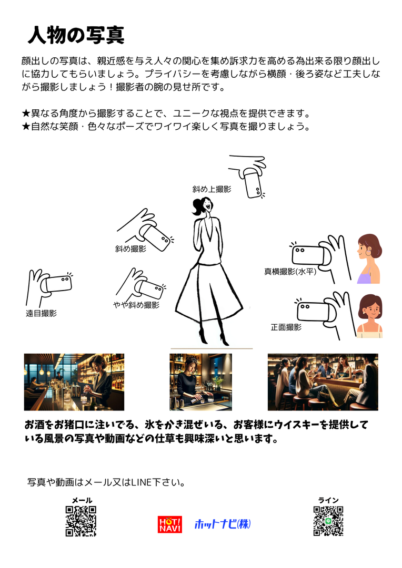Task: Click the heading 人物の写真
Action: point(76,35)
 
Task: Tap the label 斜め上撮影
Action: point(212,189)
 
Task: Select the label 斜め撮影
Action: point(130,249)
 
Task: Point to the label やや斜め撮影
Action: point(136,305)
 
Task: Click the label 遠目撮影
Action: point(42,313)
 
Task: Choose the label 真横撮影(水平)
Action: point(290,271)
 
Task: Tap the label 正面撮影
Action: point(286,327)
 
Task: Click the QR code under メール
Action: point(81,521)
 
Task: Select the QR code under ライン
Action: point(328,521)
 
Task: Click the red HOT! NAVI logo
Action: point(170,524)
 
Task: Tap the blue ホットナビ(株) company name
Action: point(223,524)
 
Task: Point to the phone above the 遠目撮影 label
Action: point(58,284)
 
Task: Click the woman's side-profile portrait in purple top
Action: point(369,259)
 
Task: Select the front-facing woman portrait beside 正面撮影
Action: point(369,316)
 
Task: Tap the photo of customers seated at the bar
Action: point(323,382)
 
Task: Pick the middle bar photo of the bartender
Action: point(200,382)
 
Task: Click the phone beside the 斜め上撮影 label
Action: point(253,183)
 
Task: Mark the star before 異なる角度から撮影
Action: point(26,113)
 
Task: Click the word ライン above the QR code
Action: point(328,500)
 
